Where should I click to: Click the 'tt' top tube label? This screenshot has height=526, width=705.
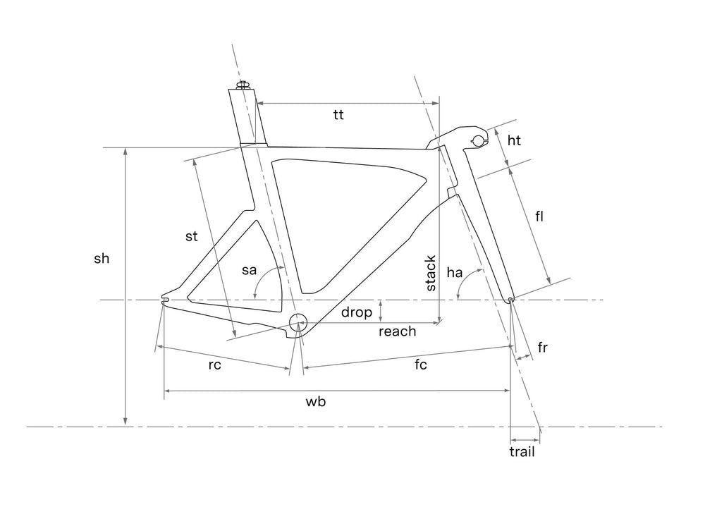pyautogui.click(x=338, y=115)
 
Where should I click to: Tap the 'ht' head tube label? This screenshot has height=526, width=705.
pyautogui.click(x=514, y=141)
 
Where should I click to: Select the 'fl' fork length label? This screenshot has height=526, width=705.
pyautogui.click(x=539, y=216)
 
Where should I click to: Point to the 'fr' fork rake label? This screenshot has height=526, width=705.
pyautogui.click(x=542, y=347)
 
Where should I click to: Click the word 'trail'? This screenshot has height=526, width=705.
pyautogui.click(x=522, y=451)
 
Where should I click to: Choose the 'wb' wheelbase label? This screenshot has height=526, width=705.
pyautogui.click(x=316, y=401)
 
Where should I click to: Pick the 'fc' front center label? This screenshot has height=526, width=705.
pyautogui.click(x=421, y=364)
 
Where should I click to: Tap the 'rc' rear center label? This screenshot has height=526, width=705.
pyautogui.click(x=215, y=365)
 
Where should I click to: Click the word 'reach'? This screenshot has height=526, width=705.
pyautogui.click(x=398, y=331)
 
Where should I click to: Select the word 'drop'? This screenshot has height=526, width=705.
pyautogui.click(x=357, y=312)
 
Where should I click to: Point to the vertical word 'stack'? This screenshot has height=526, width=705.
pyautogui.click(x=430, y=273)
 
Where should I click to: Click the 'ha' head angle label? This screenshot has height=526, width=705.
pyautogui.click(x=455, y=272)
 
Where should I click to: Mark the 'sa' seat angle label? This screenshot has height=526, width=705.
pyautogui.click(x=249, y=270)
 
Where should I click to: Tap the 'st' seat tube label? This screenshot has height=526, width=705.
pyautogui.click(x=192, y=236)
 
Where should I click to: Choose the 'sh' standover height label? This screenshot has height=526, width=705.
pyautogui.click(x=102, y=258)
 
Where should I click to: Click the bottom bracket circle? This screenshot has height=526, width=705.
pyautogui.click(x=298, y=322)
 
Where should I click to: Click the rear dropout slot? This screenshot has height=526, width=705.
pyautogui.click(x=166, y=300)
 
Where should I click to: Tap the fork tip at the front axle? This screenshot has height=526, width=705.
pyautogui.click(x=510, y=300)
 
